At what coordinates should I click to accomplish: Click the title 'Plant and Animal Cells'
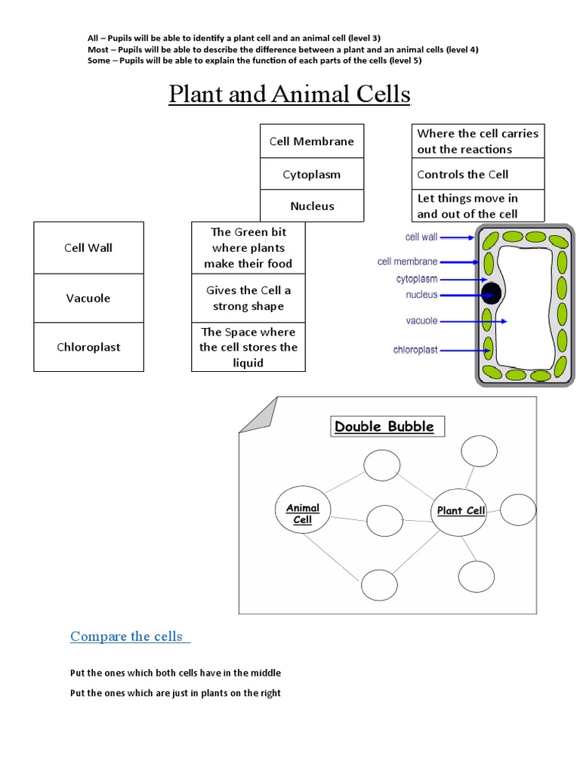(x=289, y=94)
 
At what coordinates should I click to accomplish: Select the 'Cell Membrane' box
(x=312, y=141)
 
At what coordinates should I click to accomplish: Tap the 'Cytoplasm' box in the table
(x=312, y=175)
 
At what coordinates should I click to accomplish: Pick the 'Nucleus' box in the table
(x=312, y=206)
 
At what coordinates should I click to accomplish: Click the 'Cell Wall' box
(x=88, y=248)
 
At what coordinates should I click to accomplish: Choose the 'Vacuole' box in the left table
(x=88, y=298)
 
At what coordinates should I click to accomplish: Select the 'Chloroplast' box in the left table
(x=88, y=348)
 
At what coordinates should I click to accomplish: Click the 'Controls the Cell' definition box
(x=477, y=175)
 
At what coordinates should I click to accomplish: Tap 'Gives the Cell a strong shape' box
(x=248, y=298)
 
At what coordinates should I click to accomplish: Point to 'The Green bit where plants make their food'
(x=248, y=248)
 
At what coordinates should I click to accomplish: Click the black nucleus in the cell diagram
(x=492, y=294)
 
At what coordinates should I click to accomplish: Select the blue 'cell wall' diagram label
(x=421, y=237)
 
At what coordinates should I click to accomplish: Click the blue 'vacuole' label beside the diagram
(x=421, y=321)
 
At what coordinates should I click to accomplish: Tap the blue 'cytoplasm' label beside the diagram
(x=417, y=279)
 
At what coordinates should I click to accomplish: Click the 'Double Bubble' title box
(x=384, y=426)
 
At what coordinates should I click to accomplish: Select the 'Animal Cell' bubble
(x=303, y=514)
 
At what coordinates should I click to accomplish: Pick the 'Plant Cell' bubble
(x=460, y=511)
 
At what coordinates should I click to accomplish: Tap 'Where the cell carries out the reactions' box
(x=477, y=141)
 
